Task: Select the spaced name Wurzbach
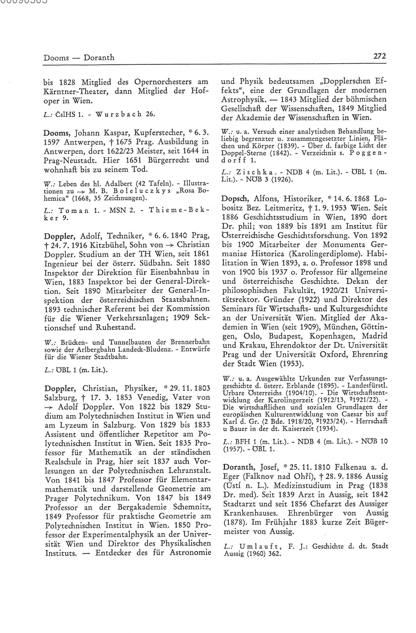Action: tap(118, 114)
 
